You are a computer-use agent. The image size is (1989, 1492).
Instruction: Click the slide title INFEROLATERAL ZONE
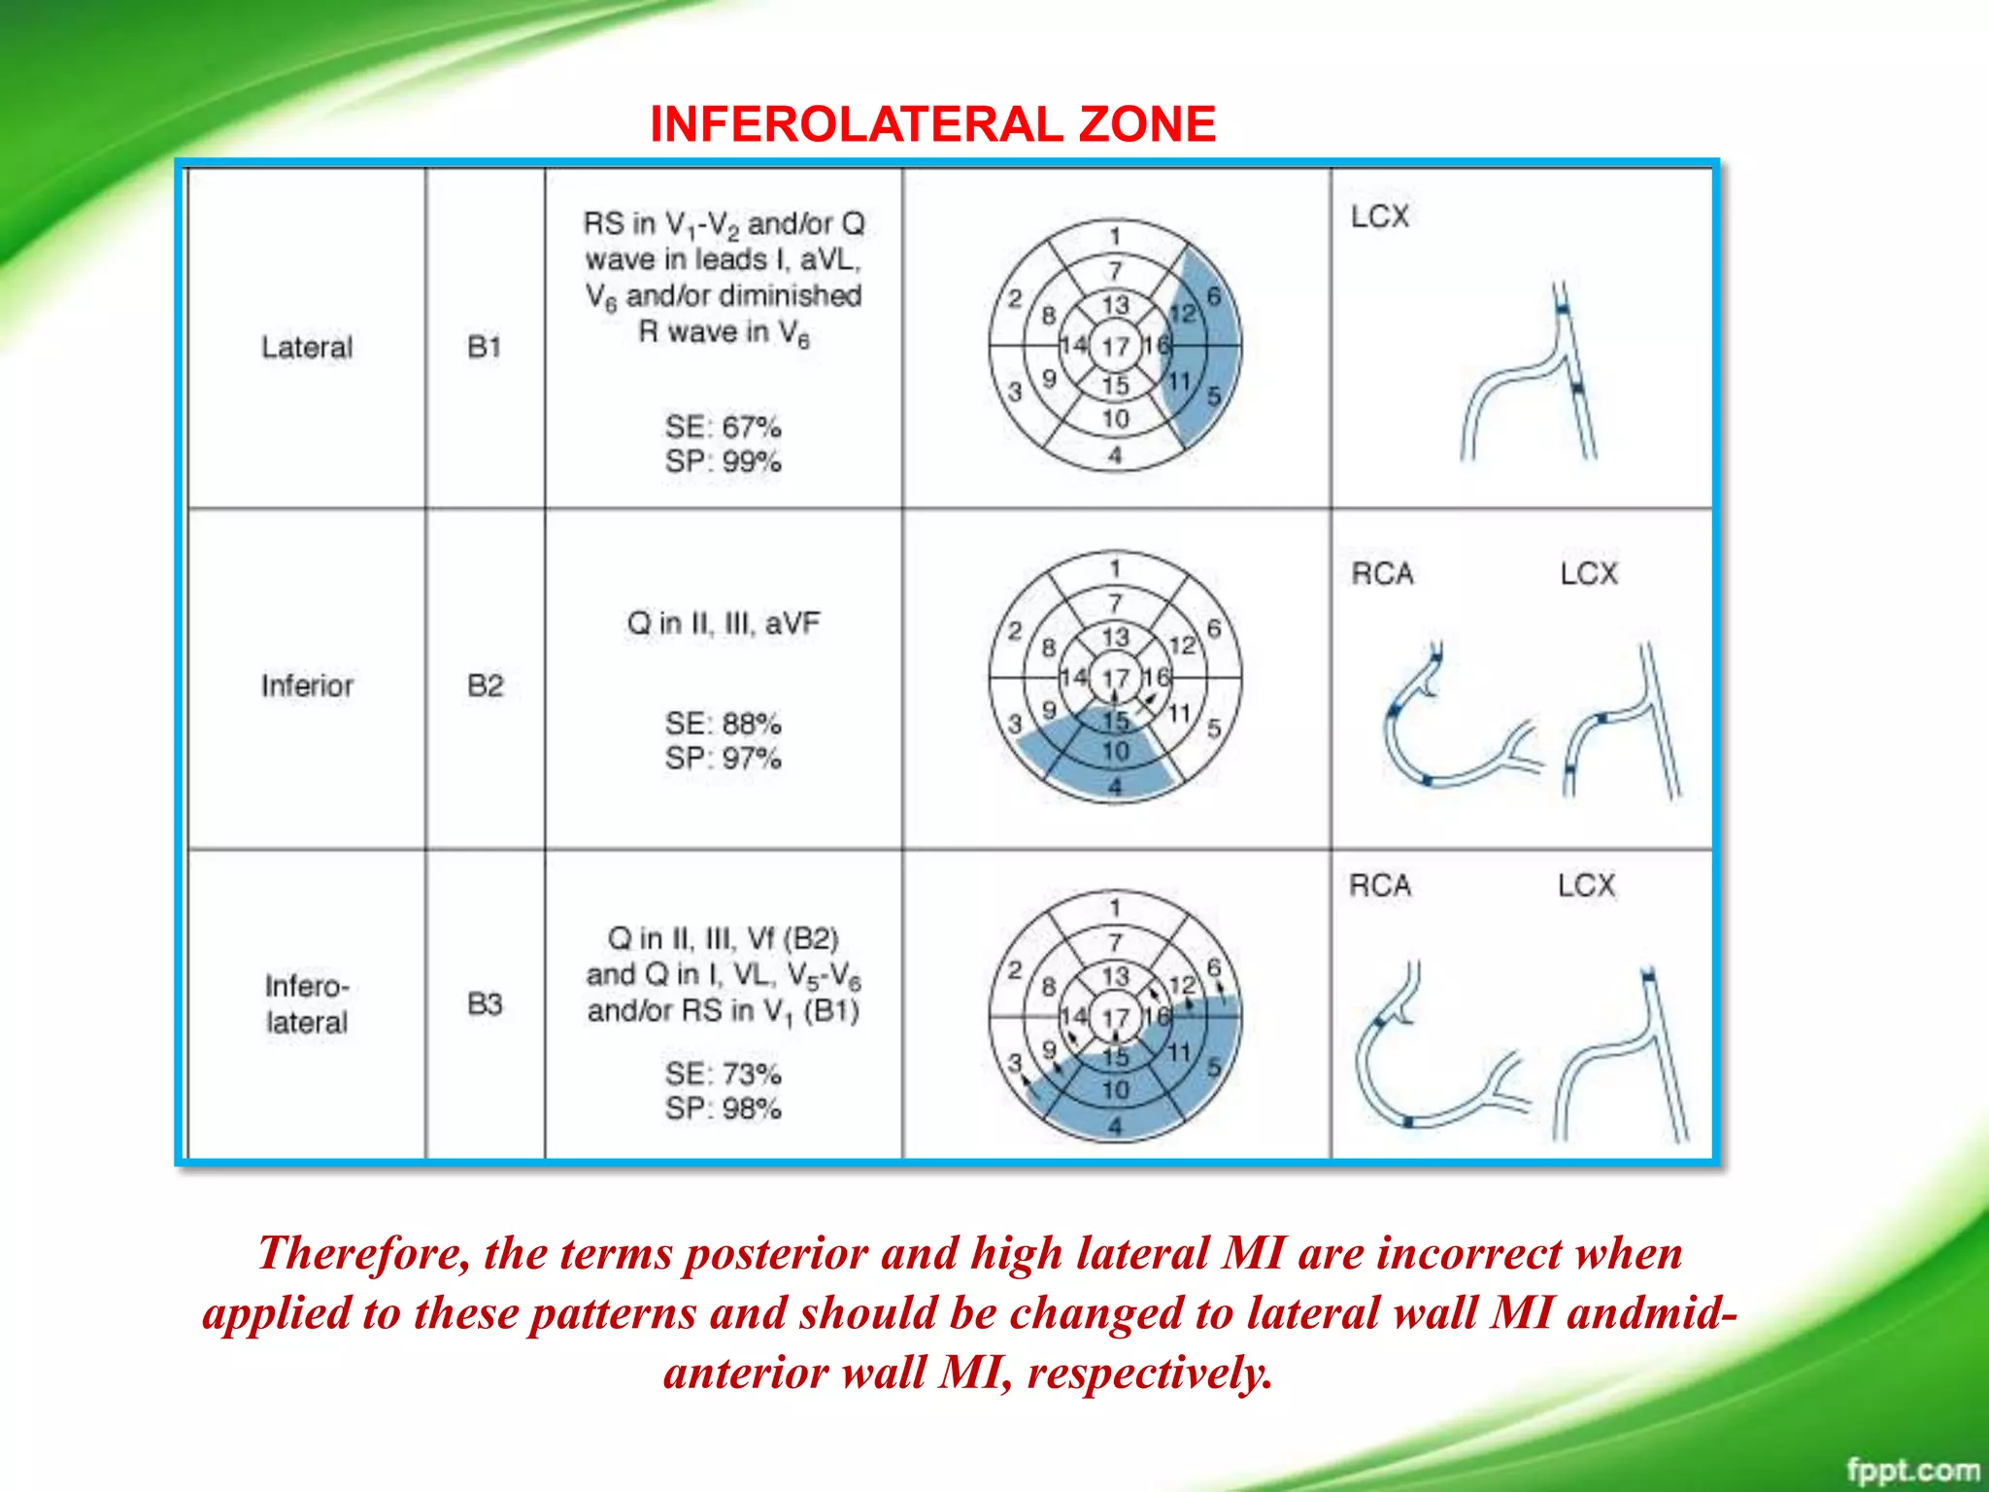click(932, 124)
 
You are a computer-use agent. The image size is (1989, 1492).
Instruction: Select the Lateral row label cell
click(306, 347)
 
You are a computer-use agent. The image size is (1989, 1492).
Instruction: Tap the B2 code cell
click(485, 686)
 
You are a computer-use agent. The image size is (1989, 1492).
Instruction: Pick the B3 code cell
click(485, 1003)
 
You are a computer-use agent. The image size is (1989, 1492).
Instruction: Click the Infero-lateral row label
click(306, 1003)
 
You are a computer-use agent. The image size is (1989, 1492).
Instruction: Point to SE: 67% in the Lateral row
click(723, 426)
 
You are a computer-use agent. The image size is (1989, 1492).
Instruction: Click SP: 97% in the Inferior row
click(723, 758)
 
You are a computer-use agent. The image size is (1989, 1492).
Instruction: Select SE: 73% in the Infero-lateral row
click(723, 1073)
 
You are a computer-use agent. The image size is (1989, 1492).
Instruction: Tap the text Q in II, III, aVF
click(723, 623)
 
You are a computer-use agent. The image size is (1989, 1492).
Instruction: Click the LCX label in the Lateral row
click(1379, 216)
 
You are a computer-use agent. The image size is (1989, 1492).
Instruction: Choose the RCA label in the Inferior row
click(1382, 574)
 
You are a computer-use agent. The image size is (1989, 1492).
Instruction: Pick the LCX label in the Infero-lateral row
click(1586, 886)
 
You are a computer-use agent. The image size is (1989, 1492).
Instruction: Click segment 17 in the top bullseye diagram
click(1115, 346)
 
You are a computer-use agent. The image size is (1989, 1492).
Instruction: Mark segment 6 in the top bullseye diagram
click(1213, 295)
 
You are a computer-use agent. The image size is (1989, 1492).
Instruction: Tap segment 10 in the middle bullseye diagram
click(1115, 751)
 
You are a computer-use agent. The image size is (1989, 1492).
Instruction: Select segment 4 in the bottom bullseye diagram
click(1115, 1126)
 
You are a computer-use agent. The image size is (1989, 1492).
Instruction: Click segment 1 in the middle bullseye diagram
click(1115, 567)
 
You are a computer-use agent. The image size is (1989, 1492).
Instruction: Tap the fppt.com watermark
click(1911, 1470)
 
